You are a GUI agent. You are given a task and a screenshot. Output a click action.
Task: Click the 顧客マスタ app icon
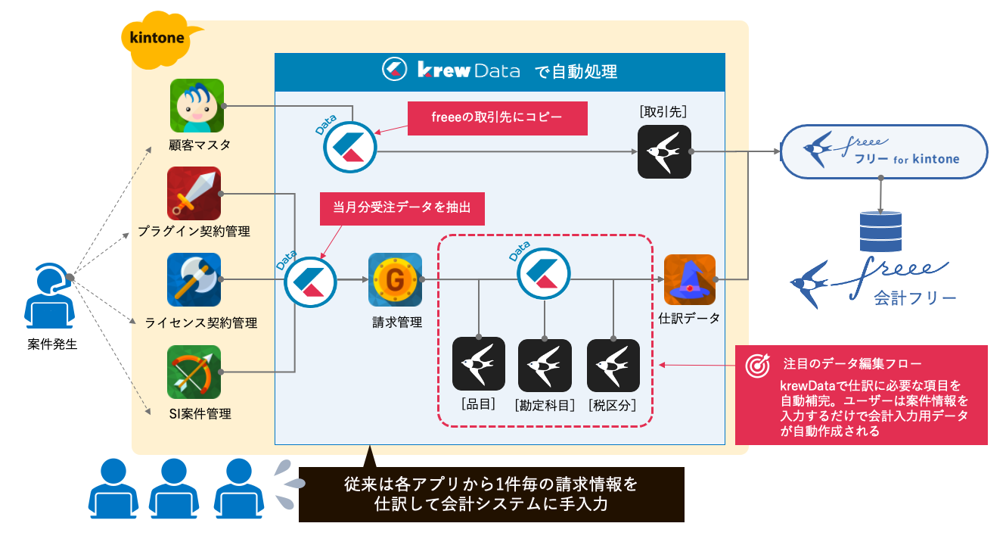(x=197, y=105)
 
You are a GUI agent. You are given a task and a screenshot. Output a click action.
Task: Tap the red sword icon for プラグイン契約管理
(x=194, y=194)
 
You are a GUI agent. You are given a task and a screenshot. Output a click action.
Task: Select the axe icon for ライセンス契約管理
(x=194, y=280)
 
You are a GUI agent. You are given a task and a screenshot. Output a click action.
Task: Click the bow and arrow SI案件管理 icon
(x=194, y=372)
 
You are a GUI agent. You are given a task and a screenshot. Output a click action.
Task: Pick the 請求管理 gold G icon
(x=395, y=279)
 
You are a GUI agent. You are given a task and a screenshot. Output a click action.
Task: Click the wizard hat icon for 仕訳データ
(x=689, y=280)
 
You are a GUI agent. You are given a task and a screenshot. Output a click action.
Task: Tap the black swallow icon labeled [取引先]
(x=664, y=152)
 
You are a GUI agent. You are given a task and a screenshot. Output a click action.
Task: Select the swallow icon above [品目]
(x=478, y=364)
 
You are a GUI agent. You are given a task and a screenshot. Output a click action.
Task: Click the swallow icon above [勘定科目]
(x=545, y=365)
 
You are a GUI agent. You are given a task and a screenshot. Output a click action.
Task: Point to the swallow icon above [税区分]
(x=613, y=365)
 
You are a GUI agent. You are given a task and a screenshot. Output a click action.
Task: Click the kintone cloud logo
(x=162, y=36)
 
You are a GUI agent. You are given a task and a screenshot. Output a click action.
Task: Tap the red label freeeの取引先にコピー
(x=498, y=118)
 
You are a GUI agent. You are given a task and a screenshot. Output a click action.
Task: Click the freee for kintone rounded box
(x=884, y=151)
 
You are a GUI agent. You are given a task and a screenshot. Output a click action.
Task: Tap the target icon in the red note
(x=758, y=365)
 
